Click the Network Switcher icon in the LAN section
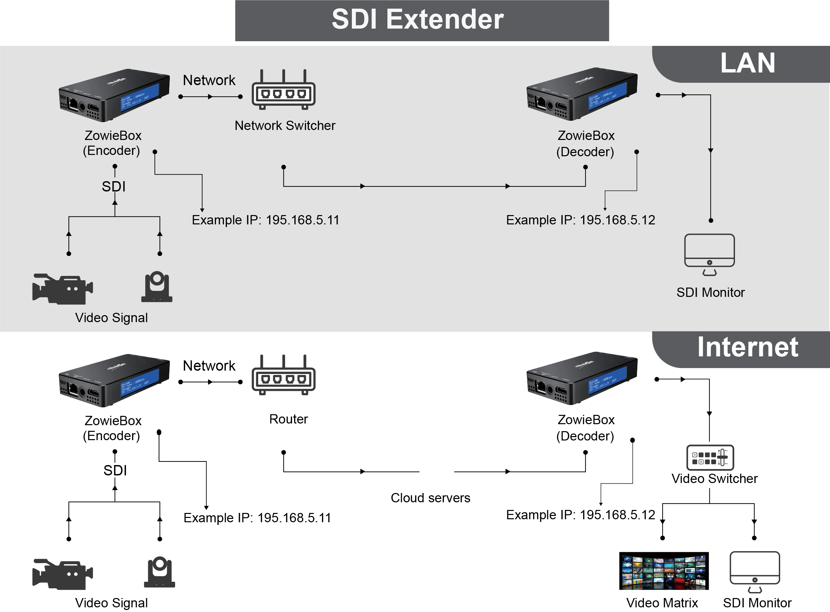tap(283, 90)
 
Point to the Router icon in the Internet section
tap(283, 376)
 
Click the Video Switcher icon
tap(710, 457)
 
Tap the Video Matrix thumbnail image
tap(664, 571)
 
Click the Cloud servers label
tap(430, 498)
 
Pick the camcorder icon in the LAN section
tap(62, 289)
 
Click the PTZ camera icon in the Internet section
tap(159, 572)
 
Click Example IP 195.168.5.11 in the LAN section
tap(265, 220)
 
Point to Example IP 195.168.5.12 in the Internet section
tap(580, 515)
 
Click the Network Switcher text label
tap(285, 126)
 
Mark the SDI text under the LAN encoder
tap(114, 186)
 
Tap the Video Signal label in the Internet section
tap(111, 603)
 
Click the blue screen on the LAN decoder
tap(607, 96)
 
